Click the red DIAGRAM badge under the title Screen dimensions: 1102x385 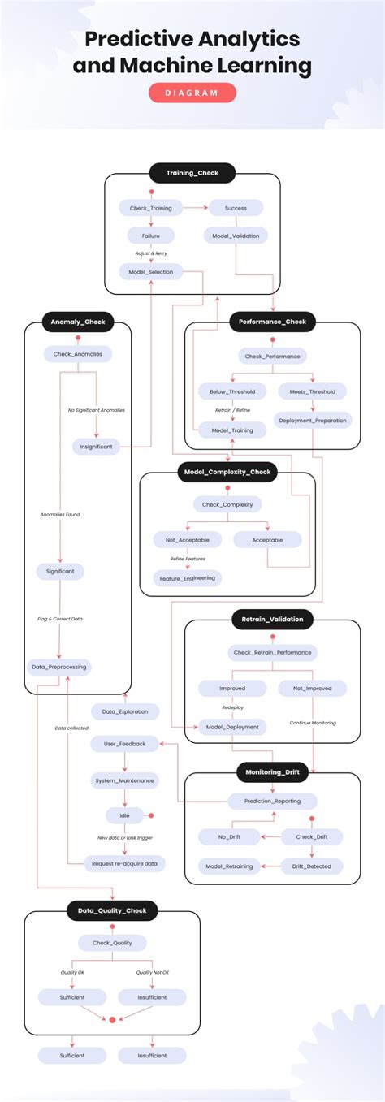pyautogui.click(x=192, y=93)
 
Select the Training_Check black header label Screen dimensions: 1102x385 pyautogui.click(x=192, y=173)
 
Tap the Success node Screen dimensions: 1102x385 pyautogui.click(x=236, y=208)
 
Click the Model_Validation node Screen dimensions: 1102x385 pyautogui.click(x=236, y=236)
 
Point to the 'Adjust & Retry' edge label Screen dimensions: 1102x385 pyautogui.click(x=150, y=253)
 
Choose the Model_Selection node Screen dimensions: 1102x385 pyautogui.click(x=150, y=271)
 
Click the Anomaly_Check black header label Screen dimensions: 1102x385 pyautogui.click(x=77, y=322)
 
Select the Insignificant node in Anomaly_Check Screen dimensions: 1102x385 pyautogui.click(x=97, y=446)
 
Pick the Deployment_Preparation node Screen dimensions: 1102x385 pyautogui.click(x=313, y=420)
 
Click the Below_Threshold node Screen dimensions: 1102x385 pyautogui.click(x=232, y=391)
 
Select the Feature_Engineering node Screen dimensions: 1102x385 pyautogui.click(x=187, y=578)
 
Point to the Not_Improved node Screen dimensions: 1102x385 pyautogui.click(x=313, y=688)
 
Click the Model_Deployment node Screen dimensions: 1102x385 pyautogui.click(x=232, y=727)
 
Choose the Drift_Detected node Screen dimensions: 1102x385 pyautogui.click(x=313, y=866)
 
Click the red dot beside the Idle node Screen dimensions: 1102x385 pyautogui.click(x=151, y=815)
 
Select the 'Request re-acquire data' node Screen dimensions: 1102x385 pyautogui.click(x=124, y=863)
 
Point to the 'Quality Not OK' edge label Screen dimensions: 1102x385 pyautogui.click(x=152, y=971)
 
